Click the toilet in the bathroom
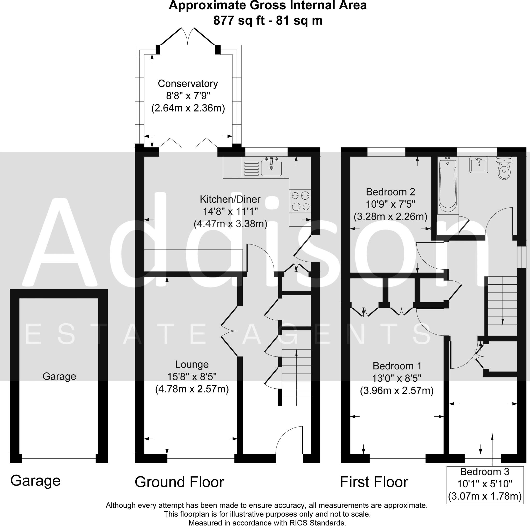504,168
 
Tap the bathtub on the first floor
448,186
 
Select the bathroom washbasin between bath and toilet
479,165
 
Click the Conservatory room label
188,83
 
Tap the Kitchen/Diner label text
230,199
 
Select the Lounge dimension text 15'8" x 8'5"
192,377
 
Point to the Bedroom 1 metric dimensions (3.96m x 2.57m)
397,390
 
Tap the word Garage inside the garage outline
59,376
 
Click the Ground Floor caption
179,482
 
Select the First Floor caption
374,482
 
